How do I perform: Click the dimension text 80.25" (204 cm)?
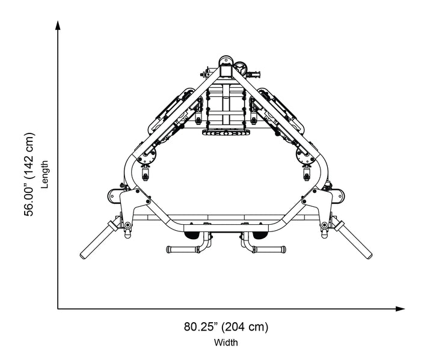[226, 328]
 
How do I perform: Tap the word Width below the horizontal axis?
[226, 343]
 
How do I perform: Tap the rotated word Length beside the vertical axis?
[45, 175]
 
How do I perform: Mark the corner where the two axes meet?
[58, 309]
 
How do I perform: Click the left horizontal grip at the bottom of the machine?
[182, 248]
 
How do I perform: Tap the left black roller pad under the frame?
[192, 235]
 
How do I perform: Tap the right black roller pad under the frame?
[259, 235]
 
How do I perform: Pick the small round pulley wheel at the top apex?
[241, 67]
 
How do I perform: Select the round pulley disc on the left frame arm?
[146, 157]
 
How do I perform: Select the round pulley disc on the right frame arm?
[305, 157]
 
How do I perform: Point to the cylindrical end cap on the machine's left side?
[113, 195]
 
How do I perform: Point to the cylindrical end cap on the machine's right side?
[338, 195]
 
